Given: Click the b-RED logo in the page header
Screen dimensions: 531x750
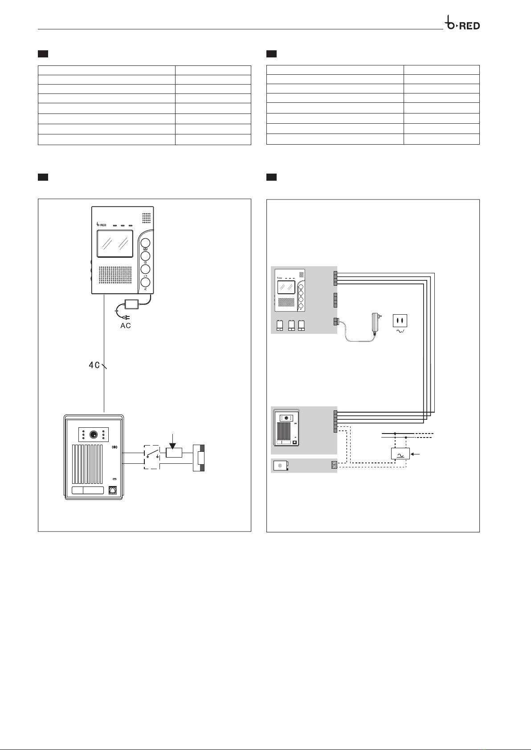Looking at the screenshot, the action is coord(462,24).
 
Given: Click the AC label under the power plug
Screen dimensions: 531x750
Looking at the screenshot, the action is coord(126,325).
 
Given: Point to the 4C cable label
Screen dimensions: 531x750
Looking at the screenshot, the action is coord(94,365).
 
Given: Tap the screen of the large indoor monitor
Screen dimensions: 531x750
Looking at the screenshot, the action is coord(115,244).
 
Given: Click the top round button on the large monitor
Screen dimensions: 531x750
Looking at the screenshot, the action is coord(145,243).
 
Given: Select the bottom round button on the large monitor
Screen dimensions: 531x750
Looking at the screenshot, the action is coord(145,282).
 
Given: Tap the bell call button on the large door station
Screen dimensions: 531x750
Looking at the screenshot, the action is coord(113,491).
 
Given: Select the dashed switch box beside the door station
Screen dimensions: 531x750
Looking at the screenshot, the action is coord(152,457).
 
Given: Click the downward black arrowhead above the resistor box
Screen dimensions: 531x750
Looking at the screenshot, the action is coord(172,446).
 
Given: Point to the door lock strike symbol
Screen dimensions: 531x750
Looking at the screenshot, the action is coord(199,458).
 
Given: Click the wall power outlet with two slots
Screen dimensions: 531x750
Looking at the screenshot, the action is coord(400,321).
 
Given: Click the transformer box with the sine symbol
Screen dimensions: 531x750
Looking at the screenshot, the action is coord(400,454).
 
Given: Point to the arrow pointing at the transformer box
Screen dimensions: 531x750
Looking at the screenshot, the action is coord(416,454).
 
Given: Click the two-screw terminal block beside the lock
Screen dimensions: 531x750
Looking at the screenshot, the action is coord(334,465).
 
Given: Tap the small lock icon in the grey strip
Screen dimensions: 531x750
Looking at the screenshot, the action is coord(281,466).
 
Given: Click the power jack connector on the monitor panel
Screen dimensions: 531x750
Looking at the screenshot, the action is coord(335,322).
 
